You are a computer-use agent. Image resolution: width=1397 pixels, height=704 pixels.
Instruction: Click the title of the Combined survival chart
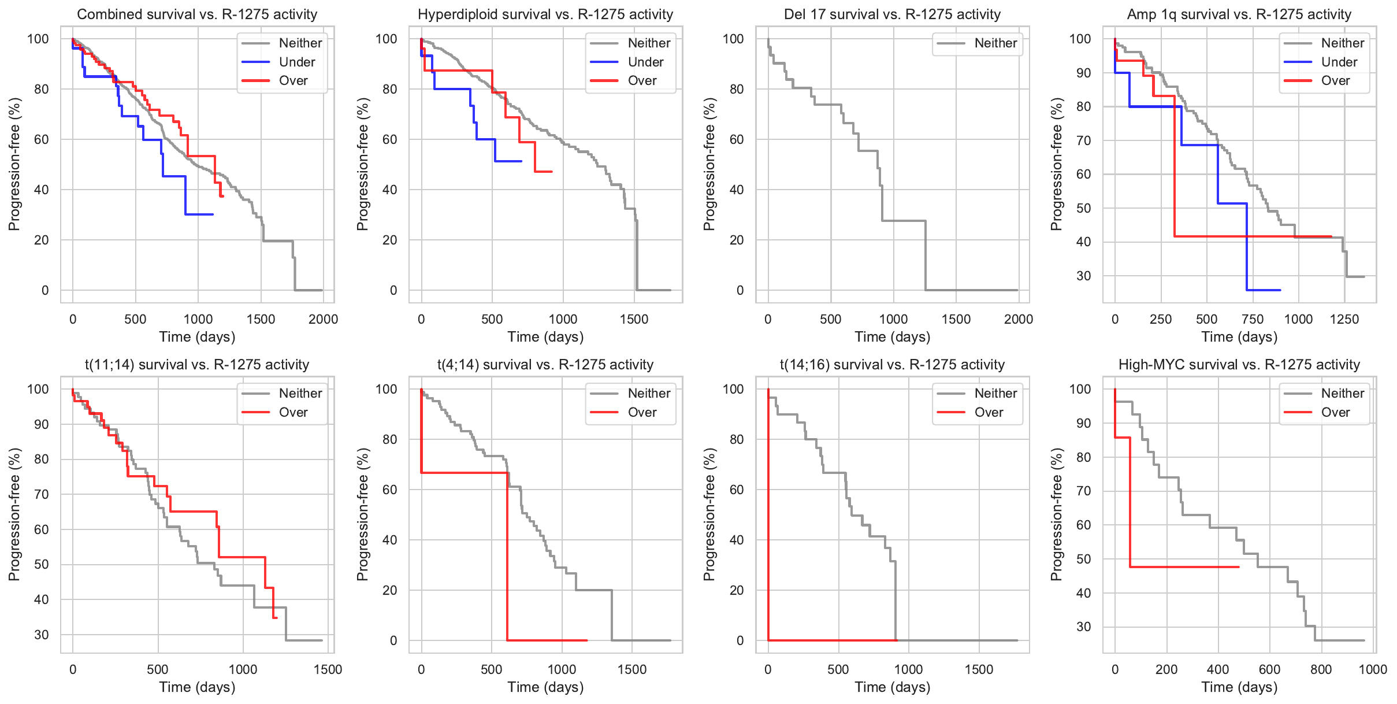tap(197, 14)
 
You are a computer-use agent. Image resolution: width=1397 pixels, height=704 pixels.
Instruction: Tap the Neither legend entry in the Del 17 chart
tap(995, 43)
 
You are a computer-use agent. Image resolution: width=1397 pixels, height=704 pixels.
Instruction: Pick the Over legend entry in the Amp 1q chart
tap(1335, 81)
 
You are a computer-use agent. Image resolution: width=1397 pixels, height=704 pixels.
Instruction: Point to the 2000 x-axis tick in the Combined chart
tap(323, 319)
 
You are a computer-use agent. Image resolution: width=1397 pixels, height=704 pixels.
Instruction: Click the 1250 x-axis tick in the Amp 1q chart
tap(1344, 319)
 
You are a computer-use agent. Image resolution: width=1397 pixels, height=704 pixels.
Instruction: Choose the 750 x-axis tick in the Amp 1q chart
tap(1253, 319)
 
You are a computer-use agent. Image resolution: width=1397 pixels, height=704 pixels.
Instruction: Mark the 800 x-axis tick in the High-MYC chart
tap(1321, 669)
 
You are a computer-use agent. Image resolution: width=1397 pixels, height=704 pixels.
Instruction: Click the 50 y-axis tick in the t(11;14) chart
tap(42, 564)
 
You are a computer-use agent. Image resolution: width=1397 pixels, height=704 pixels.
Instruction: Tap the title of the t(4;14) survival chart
tap(545, 365)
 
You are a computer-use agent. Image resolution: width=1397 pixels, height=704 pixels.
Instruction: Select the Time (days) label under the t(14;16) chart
tap(892, 687)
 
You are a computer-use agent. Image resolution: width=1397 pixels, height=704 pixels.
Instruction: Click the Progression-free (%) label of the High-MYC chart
tap(1057, 514)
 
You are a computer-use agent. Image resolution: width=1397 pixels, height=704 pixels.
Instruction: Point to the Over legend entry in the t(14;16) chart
tap(989, 412)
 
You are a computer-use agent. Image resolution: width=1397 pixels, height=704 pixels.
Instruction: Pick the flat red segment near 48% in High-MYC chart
tap(1184, 567)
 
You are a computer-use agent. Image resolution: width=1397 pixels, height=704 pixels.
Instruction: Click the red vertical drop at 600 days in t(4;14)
tap(507, 555)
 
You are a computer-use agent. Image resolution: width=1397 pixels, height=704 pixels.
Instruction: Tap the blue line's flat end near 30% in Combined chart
tap(199, 214)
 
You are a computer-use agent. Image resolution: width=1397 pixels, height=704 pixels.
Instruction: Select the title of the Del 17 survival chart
tap(892, 14)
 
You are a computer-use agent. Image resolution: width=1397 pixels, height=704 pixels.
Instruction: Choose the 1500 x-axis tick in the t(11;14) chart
tap(328, 669)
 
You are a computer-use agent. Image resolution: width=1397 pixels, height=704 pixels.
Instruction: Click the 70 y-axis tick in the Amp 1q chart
tap(1083, 140)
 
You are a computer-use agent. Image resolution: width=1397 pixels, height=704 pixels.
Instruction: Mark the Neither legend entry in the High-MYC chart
tap(1342, 393)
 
